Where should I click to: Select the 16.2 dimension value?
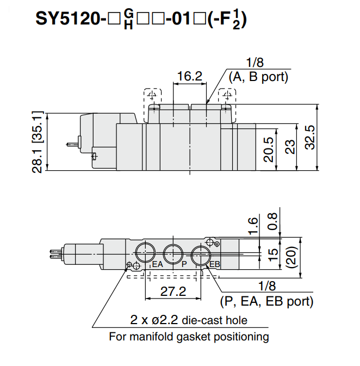pyautogui.click(x=190, y=77)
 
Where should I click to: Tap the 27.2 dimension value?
pyautogui.click(x=173, y=291)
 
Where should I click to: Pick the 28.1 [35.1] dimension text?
pyautogui.click(x=38, y=141)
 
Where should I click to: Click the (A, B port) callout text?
pyautogui.click(x=258, y=77)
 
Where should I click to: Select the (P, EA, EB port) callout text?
pyautogui.click(x=266, y=301)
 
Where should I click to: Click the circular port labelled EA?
pyautogui.click(x=145, y=252)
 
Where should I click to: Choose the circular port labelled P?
pyautogui.click(x=173, y=252)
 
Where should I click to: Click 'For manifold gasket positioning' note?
pyautogui.click(x=189, y=337)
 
